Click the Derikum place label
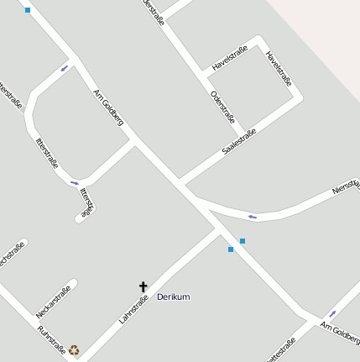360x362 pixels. tap(174, 296)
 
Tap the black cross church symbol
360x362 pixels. tap(143, 287)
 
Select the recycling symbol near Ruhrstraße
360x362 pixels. tap(74, 349)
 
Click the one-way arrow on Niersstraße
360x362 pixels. tap(252, 218)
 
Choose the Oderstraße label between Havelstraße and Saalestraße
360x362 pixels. tap(222, 107)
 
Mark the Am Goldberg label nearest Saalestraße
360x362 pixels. tap(108, 107)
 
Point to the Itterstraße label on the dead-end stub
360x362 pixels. tap(87, 202)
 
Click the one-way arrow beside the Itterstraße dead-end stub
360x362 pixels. tap(74, 182)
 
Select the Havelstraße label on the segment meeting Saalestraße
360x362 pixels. tap(279, 70)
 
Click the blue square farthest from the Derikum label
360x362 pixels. tap(28, 10)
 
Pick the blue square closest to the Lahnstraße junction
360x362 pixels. tap(231, 249)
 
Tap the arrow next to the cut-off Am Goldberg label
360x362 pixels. tap(332, 313)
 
